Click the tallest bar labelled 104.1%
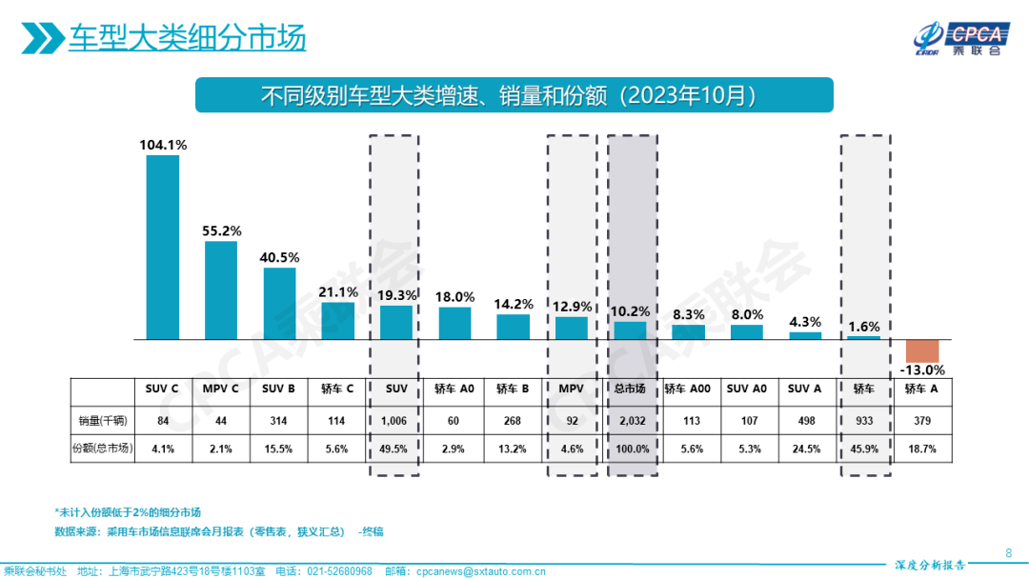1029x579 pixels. pyautogui.click(x=162, y=247)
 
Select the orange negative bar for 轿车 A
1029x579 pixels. pyautogui.click(x=922, y=349)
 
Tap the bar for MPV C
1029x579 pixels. pyautogui.click(x=221, y=290)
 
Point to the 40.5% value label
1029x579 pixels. pyautogui.click(x=279, y=257)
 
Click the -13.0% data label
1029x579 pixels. pyautogui.click(x=922, y=369)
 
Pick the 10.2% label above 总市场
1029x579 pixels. pyautogui.click(x=631, y=310)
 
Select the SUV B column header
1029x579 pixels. pyautogui.click(x=279, y=389)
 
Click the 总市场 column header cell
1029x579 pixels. pyautogui.click(x=629, y=389)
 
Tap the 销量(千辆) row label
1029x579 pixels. pyautogui.click(x=102, y=420)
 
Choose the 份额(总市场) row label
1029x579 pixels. pyautogui.click(x=102, y=449)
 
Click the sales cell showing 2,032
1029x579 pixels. pyautogui.click(x=629, y=420)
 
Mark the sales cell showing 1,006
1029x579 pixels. pyautogui.click(x=395, y=420)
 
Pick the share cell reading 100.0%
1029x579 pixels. pyautogui.click(x=629, y=449)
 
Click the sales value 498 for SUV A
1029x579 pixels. pyautogui.click(x=805, y=420)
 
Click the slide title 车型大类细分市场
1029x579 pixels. pyautogui.click(x=187, y=39)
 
